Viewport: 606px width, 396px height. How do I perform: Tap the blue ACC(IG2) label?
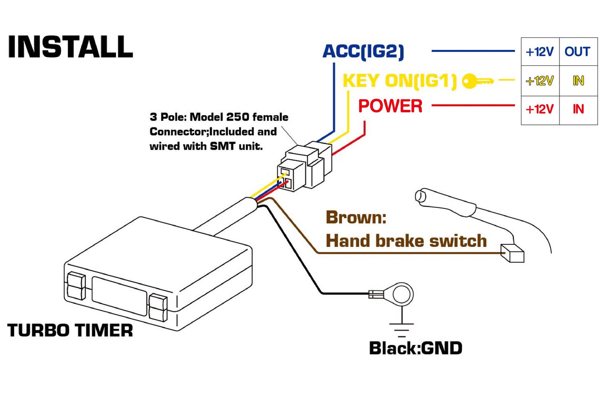[x=363, y=52]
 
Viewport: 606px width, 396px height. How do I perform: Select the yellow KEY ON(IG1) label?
[x=399, y=80]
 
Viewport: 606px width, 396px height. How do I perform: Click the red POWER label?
[x=390, y=106]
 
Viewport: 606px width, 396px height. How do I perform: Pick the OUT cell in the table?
[x=577, y=52]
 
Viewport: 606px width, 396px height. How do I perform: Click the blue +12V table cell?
[x=540, y=52]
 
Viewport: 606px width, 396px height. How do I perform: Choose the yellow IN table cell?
[x=578, y=80]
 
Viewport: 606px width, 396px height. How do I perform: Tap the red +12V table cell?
[x=540, y=109]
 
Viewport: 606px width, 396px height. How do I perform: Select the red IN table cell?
[x=578, y=109]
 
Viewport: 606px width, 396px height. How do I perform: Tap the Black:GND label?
[x=416, y=348]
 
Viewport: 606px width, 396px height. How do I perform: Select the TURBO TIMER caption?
[x=70, y=331]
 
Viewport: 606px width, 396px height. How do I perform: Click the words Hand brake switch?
[x=406, y=241]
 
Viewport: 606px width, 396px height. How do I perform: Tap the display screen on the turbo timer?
[x=120, y=295]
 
